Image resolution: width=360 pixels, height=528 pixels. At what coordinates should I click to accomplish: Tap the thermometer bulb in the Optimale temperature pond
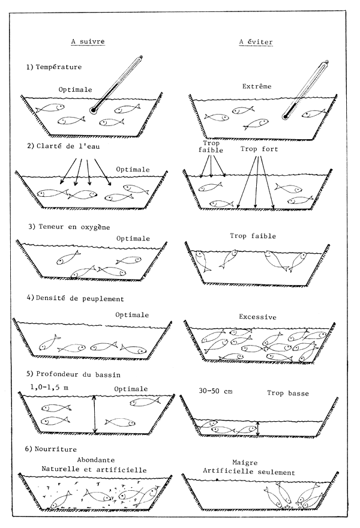(x=93, y=110)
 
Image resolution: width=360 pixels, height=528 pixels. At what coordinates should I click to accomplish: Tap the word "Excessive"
(x=257, y=317)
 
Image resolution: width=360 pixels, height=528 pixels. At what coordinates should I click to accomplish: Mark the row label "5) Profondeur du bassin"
(x=74, y=374)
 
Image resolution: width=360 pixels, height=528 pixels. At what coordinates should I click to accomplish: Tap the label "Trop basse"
(x=286, y=393)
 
